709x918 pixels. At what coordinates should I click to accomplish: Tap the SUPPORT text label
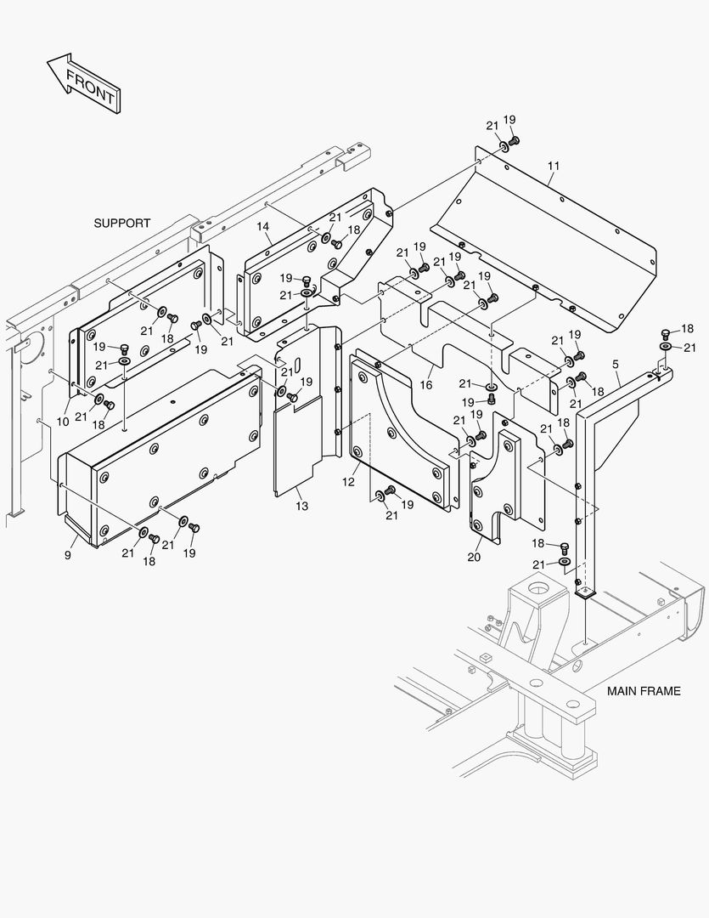pyautogui.click(x=121, y=224)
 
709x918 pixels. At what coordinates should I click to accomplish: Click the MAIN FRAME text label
pyautogui.click(x=643, y=691)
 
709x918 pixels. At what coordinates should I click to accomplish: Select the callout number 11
pyautogui.click(x=553, y=165)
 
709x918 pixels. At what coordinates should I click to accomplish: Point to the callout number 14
pyautogui.click(x=263, y=226)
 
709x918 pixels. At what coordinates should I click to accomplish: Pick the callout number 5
pyautogui.click(x=615, y=365)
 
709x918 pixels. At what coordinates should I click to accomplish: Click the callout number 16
pyautogui.click(x=425, y=385)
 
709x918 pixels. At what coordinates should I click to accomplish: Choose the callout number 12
pyautogui.click(x=348, y=482)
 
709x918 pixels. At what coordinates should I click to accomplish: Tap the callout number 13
pyautogui.click(x=302, y=506)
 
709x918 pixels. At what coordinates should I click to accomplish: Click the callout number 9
pyautogui.click(x=68, y=555)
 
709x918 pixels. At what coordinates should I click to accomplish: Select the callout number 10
pyautogui.click(x=63, y=422)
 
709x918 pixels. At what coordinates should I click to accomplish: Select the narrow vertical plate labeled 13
pyautogui.click(x=297, y=442)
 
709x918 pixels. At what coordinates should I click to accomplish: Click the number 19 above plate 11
pyautogui.click(x=509, y=120)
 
